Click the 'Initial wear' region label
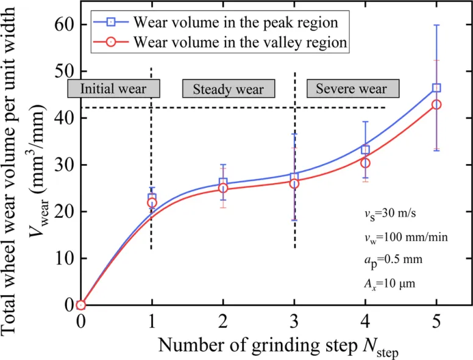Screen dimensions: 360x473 pos(113,88)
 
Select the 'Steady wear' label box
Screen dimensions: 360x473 pos(229,90)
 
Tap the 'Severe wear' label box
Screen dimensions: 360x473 pos(351,89)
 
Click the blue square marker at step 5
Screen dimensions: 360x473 pos(436,88)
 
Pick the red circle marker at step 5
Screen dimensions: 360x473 pos(436,105)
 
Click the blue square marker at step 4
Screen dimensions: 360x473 pos(365,149)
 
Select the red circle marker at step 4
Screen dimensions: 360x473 pos(365,163)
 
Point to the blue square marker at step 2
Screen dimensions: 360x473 pos(223,183)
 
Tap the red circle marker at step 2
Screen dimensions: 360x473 pos(223,189)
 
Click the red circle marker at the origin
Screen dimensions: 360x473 pos(80,305)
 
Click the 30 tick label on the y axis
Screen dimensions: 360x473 pos(63,165)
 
